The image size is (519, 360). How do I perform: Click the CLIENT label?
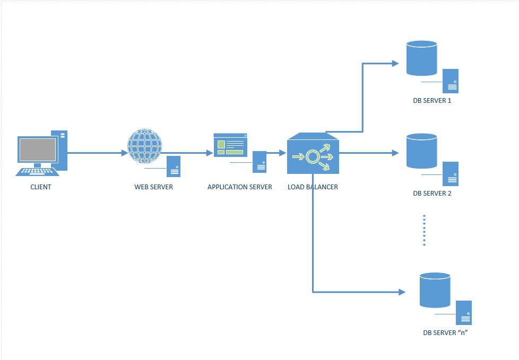point(41,187)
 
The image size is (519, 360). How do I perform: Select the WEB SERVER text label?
point(153,187)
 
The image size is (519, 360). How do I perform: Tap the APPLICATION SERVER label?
point(239,187)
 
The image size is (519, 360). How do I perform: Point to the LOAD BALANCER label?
point(313,187)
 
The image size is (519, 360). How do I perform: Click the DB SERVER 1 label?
point(432,100)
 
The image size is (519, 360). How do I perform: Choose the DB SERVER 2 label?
point(432,193)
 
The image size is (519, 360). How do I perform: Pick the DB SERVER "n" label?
point(445,333)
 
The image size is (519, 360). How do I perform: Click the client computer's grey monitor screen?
point(37,149)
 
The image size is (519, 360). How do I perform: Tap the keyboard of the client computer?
point(37,171)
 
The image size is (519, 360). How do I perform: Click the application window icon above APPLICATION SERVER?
point(230,145)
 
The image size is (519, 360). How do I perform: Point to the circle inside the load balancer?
point(313,156)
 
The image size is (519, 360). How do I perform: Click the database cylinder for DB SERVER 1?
point(421,58)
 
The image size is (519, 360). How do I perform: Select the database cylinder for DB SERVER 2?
point(421,151)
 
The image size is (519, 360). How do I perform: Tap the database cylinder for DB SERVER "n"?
point(435,290)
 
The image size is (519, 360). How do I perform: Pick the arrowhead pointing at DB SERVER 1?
point(395,64)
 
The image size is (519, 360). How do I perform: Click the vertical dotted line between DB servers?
point(425,230)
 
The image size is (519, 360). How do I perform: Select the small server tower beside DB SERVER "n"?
point(463,313)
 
